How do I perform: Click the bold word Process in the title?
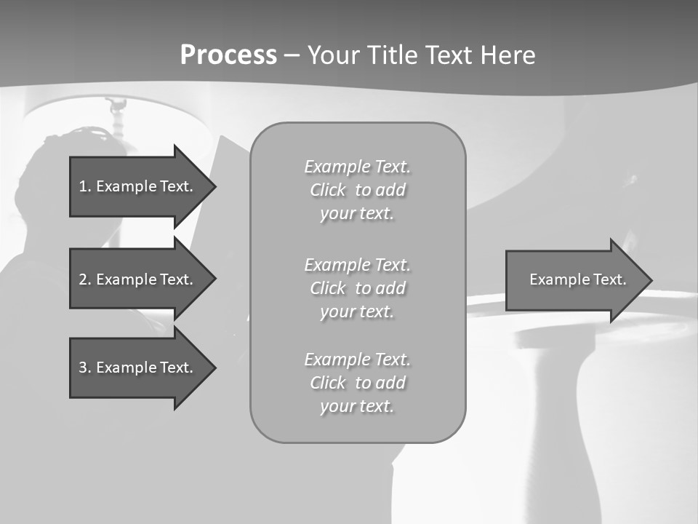[x=228, y=55]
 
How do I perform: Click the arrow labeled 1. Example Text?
[x=138, y=186]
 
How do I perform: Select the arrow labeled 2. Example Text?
[x=138, y=279]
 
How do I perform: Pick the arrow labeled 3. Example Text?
[x=138, y=368]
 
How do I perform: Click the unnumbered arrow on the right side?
[x=574, y=280]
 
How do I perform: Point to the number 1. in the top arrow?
[x=84, y=186]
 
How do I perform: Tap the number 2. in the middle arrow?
[x=84, y=279]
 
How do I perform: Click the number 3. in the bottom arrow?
[x=84, y=368]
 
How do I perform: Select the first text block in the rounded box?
[x=357, y=190]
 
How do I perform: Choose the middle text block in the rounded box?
[x=357, y=288]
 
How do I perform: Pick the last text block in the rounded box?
[x=357, y=383]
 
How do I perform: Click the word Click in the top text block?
[x=328, y=191]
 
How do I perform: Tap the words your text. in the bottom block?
[x=357, y=406]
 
